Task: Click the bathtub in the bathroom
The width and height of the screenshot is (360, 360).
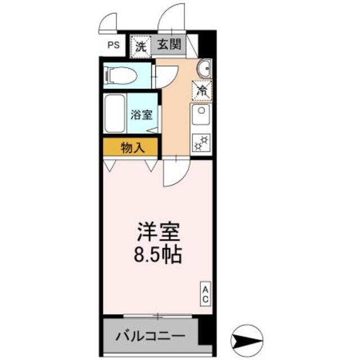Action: [116, 114]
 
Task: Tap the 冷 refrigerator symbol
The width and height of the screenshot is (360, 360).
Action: [201, 89]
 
